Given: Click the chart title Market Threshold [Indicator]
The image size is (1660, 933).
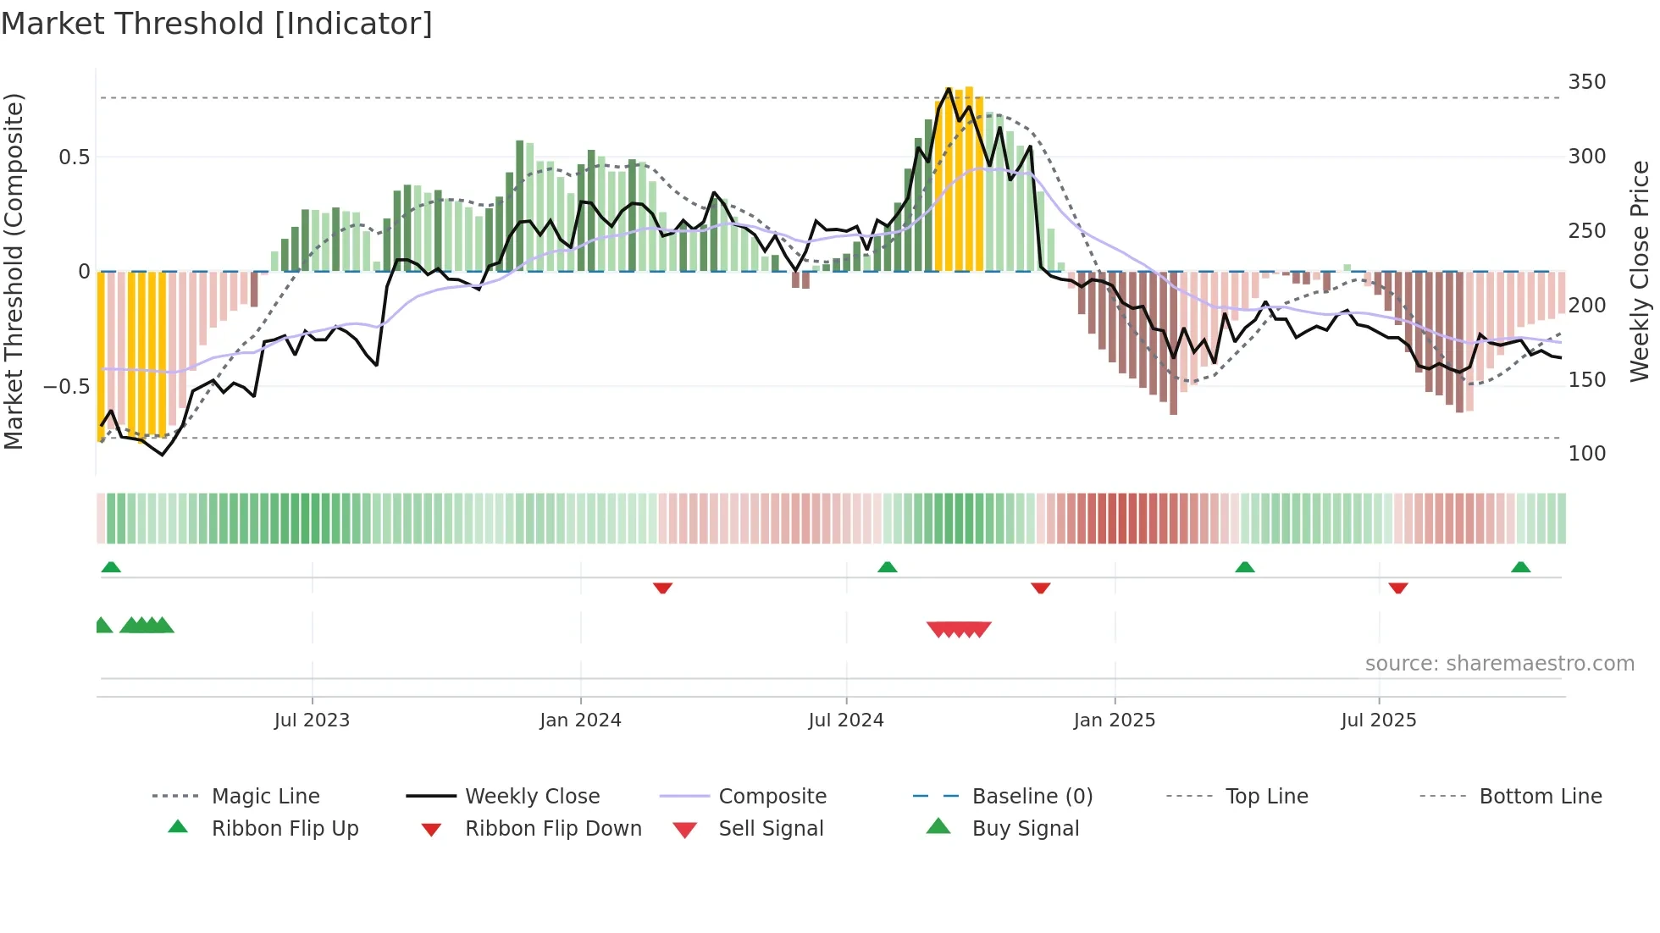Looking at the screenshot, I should pyautogui.click(x=217, y=24).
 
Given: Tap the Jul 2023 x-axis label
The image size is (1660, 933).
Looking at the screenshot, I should pyautogui.click(x=312, y=720).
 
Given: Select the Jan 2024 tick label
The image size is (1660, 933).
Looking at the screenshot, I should pyautogui.click(x=580, y=720).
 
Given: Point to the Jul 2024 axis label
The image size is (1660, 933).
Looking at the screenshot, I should pyautogui.click(x=845, y=720).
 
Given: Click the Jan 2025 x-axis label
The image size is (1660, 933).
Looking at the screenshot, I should pyautogui.click(x=1114, y=720).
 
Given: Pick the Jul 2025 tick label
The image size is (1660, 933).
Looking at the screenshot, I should pyautogui.click(x=1378, y=720).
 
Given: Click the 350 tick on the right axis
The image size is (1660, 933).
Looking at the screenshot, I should pyautogui.click(x=1586, y=82).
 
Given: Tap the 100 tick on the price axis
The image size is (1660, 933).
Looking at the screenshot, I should pyautogui.click(x=1586, y=454).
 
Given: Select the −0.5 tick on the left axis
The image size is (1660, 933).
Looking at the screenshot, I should pyautogui.click(x=66, y=387).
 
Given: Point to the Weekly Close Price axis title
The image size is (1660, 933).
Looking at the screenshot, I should pyautogui.click(x=1640, y=271).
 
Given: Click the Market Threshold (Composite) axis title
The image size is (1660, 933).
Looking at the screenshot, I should pyautogui.click(x=14, y=271).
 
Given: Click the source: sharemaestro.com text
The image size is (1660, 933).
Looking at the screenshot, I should pyautogui.click(x=1499, y=664).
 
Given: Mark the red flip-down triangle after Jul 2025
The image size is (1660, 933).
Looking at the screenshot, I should pyautogui.click(x=1398, y=588).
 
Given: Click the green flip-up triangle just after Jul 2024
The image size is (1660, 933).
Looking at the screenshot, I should pyautogui.click(x=887, y=567).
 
